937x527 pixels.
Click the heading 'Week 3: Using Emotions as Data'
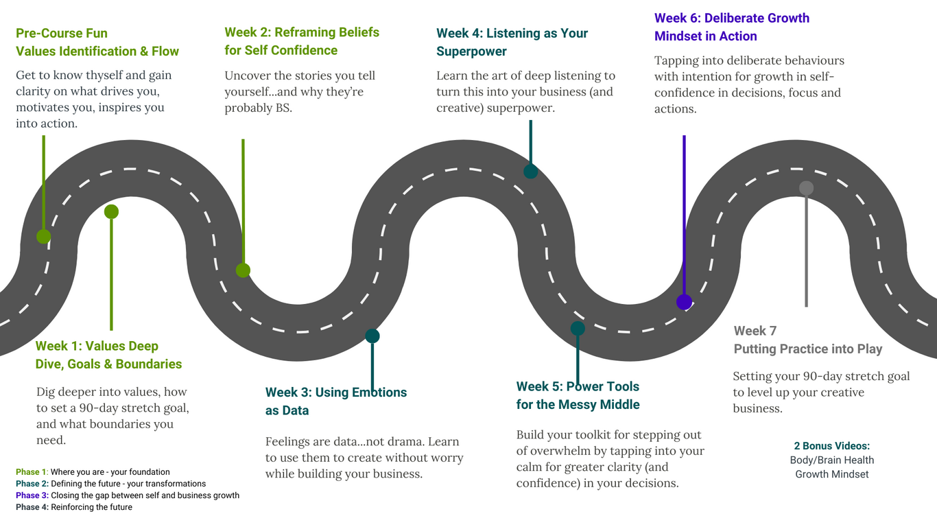(x=335, y=401)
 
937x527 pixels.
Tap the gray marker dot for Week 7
(x=807, y=188)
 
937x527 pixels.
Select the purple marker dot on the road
(x=684, y=302)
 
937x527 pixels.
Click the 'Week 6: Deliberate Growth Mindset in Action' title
(x=731, y=27)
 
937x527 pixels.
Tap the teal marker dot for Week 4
(x=530, y=172)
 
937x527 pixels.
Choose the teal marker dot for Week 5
(x=578, y=329)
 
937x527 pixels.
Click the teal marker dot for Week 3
(x=372, y=336)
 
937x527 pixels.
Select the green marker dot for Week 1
(x=111, y=212)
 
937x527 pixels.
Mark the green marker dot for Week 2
(x=243, y=270)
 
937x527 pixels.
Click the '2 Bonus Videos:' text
(x=831, y=446)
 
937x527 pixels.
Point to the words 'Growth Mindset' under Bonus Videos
(x=831, y=474)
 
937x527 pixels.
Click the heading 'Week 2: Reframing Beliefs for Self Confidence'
(x=301, y=41)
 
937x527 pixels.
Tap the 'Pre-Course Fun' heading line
(x=62, y=33)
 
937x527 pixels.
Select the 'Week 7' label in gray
(x=755, y=331)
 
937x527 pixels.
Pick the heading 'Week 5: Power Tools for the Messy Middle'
(x=578, y=395)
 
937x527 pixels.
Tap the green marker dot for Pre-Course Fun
(x=43, y=237)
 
